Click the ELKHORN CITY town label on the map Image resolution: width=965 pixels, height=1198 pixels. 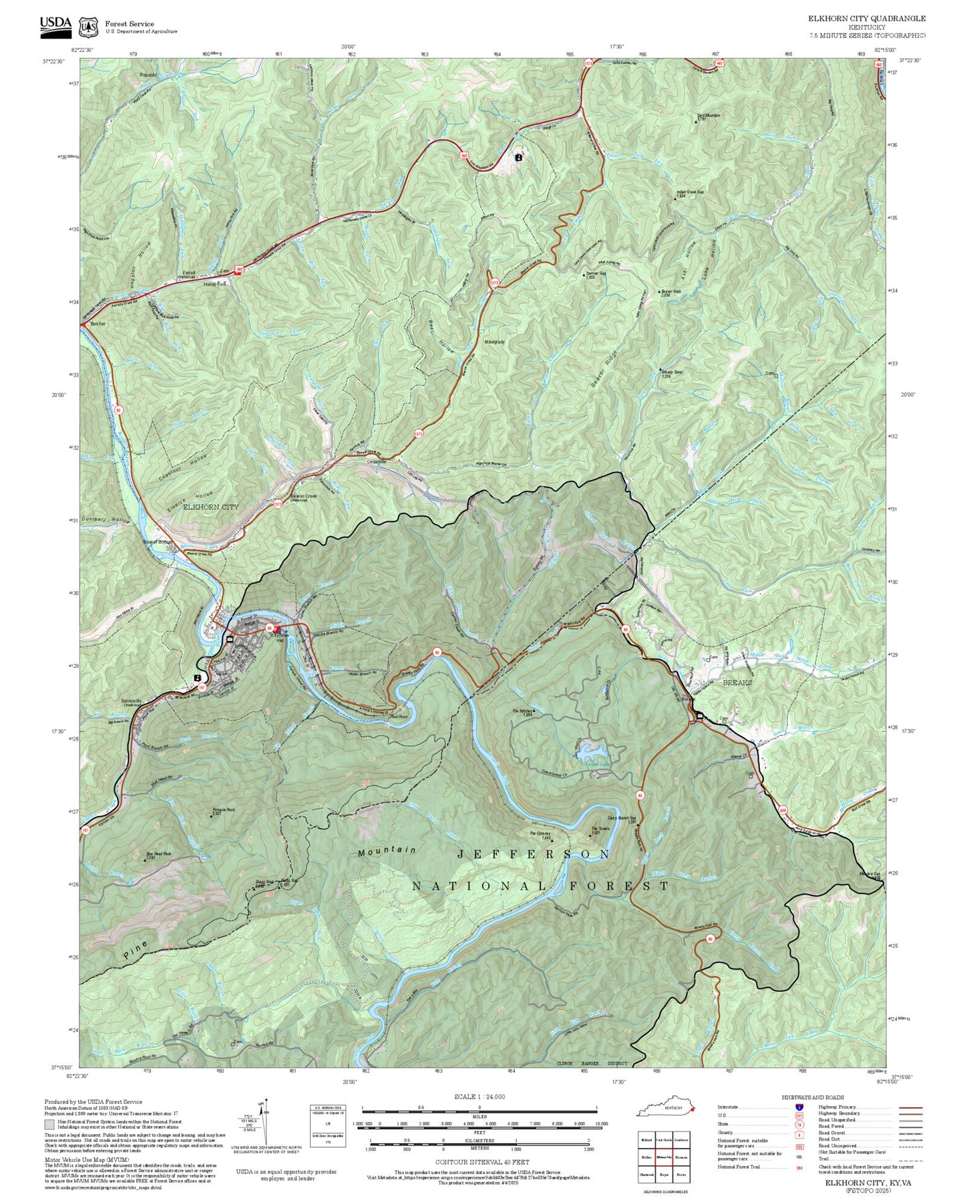pyautogui.click(x=211, y=508)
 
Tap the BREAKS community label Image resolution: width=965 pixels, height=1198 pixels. pyautogui.click(x=737, y=682)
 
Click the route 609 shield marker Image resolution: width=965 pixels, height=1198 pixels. pyautogui.click(x=783, y=810)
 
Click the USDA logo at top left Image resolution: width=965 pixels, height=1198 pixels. pyautogui.click(x=55, y=24)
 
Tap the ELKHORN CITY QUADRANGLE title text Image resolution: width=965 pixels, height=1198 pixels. pyautogui.click(x=867, y=19)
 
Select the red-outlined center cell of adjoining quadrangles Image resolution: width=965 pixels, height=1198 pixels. pyautogui.click(x=663, y=1157)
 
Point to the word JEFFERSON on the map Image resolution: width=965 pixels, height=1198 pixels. pyautogui.click(x=534, y=854)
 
